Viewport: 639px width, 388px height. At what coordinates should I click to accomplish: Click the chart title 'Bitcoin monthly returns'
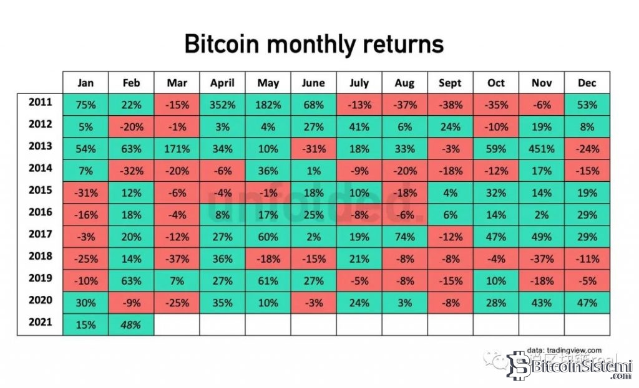click(x=314, y=45)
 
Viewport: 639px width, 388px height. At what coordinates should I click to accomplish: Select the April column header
click(x=222, y=83)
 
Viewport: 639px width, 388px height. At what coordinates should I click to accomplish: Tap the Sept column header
click(x=450, y=83)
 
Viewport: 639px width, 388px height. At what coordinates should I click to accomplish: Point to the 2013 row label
click(x=40, y=147)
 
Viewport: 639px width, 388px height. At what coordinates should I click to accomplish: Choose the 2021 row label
click(x=40, y=323)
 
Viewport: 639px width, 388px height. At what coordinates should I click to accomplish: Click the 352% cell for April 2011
click(x=222, y=105)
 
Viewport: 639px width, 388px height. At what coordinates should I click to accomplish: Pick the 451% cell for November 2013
click(x=541, y=149)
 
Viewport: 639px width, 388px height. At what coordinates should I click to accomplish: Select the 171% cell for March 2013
click(x=177, y=149)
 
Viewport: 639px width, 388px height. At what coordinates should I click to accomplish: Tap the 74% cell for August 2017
click(x=404, y=237)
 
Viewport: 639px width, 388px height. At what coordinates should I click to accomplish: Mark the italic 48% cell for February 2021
click(x=131, y=325)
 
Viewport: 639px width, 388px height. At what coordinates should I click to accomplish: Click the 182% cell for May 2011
click(x=268, y=105)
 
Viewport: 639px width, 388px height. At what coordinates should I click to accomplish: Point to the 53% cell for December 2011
click(x=587, y=105)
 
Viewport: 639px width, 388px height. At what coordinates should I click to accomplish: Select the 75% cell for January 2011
click(x=85, y=105)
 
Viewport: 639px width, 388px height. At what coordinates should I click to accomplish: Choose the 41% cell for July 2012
click(x=359, y=127)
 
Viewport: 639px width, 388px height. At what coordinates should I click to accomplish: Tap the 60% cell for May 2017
click(x=268, y=237)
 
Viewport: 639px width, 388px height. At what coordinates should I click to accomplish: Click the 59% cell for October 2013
click(x=495, y=149)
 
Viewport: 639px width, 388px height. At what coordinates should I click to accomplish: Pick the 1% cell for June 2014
click(x=313, y=171)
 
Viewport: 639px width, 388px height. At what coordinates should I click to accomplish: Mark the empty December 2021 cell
click(x=587, y=325)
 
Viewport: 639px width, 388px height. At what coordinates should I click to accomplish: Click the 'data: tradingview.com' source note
click(x=563, y=350)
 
